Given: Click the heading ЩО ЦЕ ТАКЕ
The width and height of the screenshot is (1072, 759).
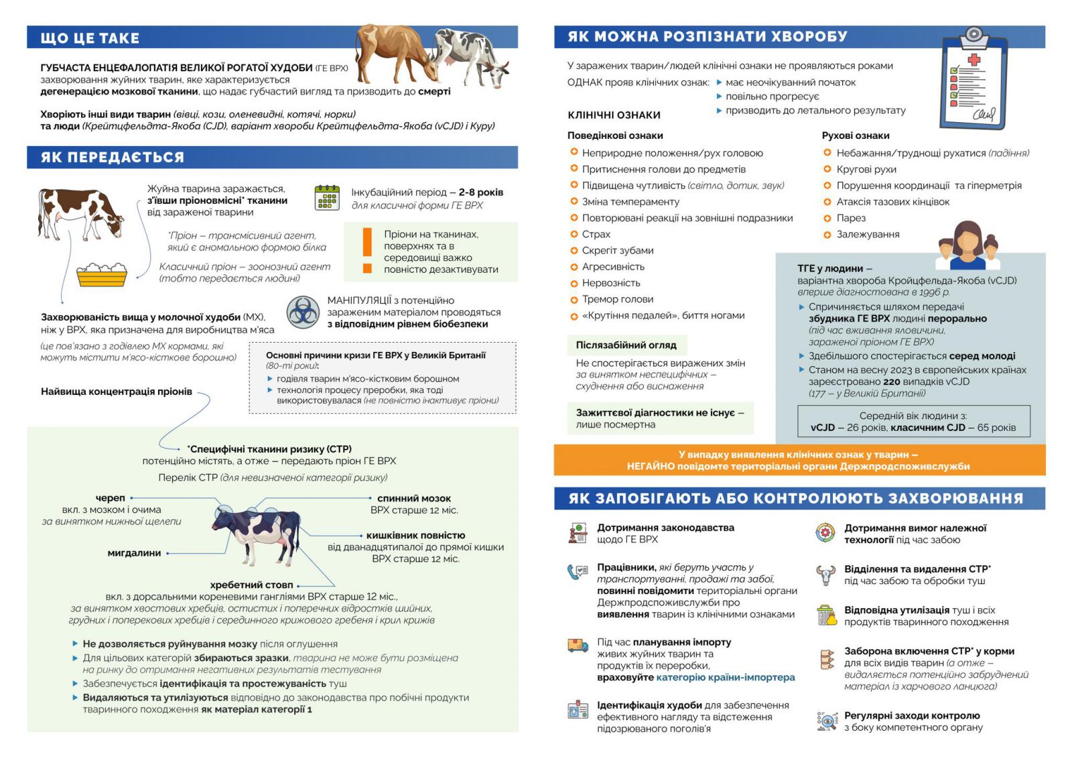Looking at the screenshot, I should pyautogui.click(x=90, y=38).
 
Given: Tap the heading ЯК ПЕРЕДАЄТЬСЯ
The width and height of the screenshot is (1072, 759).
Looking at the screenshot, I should pyautogui.click(x=112, y=158).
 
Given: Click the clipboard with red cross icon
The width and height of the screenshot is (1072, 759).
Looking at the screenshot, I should pyautogui.click(x=974, y=79).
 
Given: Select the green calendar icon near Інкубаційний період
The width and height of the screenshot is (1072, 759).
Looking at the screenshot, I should pyautogui.click(x=327, y=198).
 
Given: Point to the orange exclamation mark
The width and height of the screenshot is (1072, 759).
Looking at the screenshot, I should pyautogui.click(x=366, y=250).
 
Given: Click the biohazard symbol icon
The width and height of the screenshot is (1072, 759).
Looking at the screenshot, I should pyautogui.click(x=303, y=312).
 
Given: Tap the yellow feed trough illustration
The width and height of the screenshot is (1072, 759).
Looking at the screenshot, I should pyautogui.click(x=102, y=274).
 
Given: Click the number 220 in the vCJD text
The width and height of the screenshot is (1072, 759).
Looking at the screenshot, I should pyautogui.click(x=891, y=382).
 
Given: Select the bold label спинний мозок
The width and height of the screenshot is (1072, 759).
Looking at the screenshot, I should pyautogui.click(x=413, y=498).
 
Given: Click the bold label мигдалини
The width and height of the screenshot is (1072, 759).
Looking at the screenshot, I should pyautogui.click(x=134, y=553).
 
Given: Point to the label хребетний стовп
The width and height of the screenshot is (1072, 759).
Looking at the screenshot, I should pyautogui.click(x=251, y=585).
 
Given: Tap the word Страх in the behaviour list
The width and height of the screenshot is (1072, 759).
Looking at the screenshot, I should pyautogui.click(x=596, y=234).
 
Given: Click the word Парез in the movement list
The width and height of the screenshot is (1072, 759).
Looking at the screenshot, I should pyautogui.click(x=851, y=218).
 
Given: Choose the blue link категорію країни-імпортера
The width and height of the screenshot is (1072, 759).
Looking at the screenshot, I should pyautogui.click(x=725, y=677).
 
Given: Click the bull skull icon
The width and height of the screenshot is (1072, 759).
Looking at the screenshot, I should pyautogui.click(x=826, y=575).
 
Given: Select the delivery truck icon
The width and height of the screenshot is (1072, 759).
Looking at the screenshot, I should pyautogui.click(x=577, y=646).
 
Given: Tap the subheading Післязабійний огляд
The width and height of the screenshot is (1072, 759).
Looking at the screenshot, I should pyautogui.click(x=626, y=345).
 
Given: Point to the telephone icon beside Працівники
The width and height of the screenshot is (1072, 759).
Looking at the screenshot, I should pyautogui.click(x=577, y=572).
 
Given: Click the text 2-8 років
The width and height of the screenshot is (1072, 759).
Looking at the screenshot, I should pyautogui.click(x=480, y=192).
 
